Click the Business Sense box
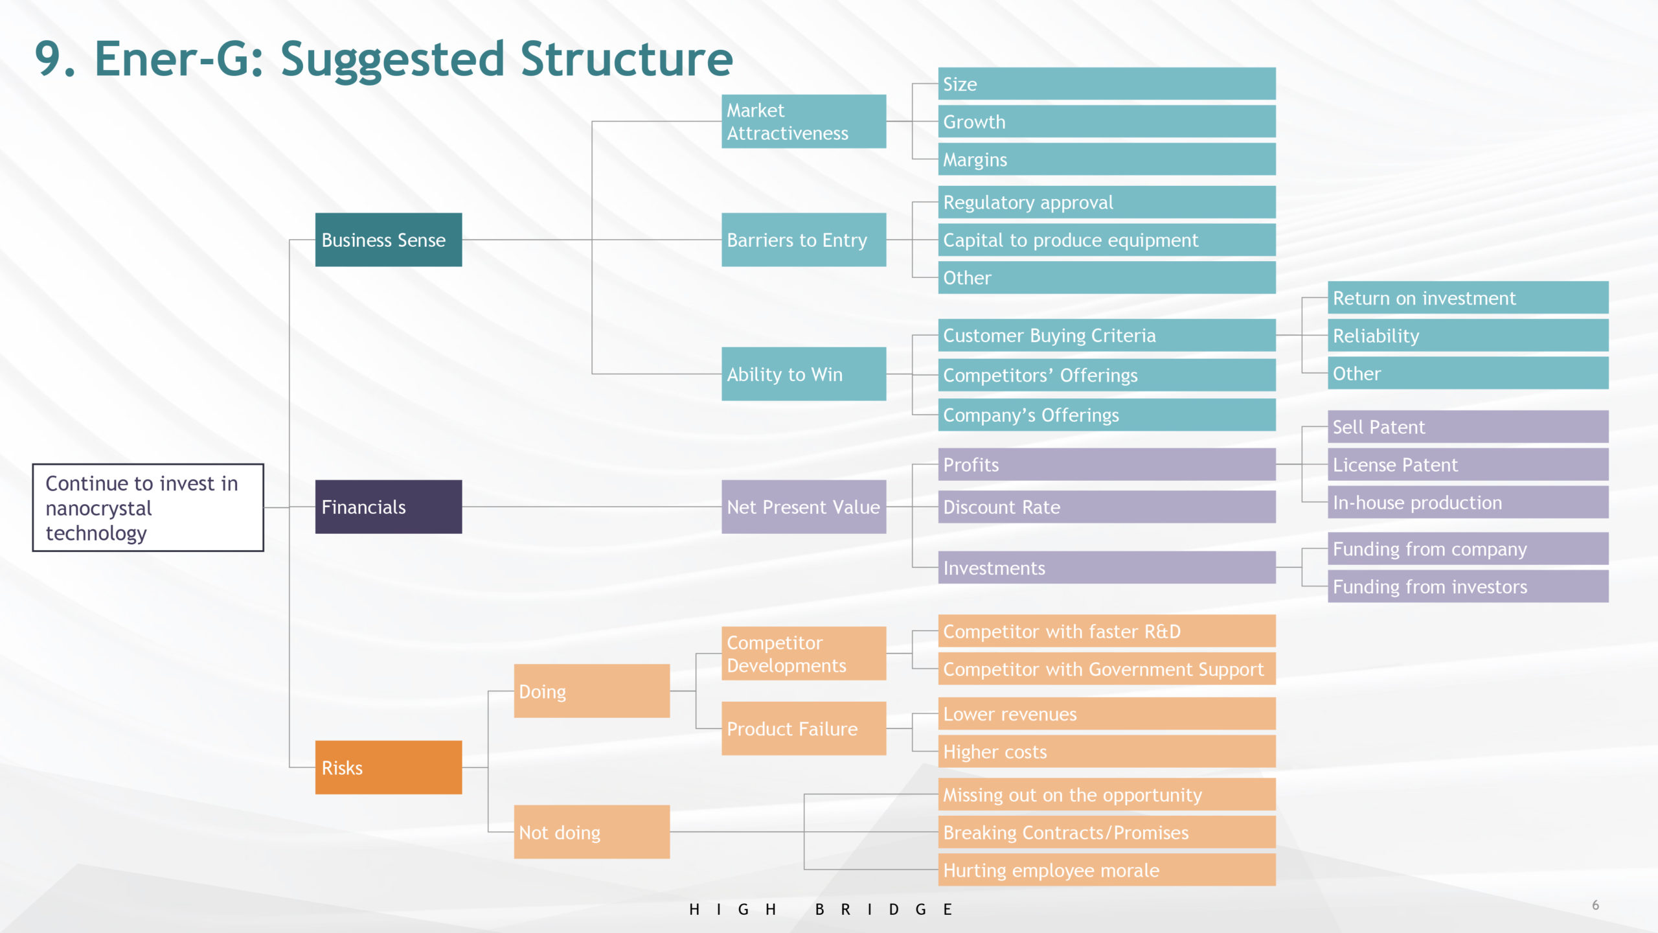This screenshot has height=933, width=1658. click(389, 240)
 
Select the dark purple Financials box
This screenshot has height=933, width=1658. click(389, 507)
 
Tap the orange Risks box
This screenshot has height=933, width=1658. click(389, 767)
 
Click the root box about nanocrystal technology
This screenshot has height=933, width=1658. click(148, 507)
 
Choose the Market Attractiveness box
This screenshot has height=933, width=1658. click(804, 121)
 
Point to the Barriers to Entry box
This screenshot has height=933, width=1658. click(804, 240)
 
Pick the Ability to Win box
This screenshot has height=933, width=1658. click(804, 374)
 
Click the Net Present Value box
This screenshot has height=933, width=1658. click(804, 507)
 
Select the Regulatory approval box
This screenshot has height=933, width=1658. click(1107, 202)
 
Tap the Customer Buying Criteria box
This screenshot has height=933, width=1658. click(1107, 335)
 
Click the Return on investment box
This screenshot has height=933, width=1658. click(1468, 297)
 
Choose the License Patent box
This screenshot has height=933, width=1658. click(1468, 465)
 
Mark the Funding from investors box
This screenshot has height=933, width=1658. click(1468, 586)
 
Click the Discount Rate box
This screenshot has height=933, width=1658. click(1107, 507)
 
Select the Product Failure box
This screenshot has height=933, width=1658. click(804, 728)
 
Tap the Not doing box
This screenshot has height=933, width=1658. click(592, 832)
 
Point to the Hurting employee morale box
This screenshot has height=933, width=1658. click(1107, 870)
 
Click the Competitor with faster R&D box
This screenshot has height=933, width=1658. click(1107, 631)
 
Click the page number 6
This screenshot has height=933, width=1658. click(1595, 905)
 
